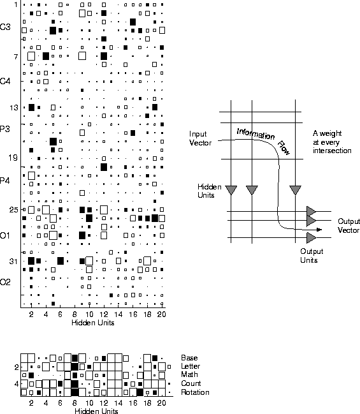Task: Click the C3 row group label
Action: point(5,27)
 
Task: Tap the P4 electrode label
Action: point(4,181)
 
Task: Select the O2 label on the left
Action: point(5,282)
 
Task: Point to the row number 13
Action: point(14,108)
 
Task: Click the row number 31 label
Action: point(13,262)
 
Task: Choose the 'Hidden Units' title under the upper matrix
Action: point(93,323)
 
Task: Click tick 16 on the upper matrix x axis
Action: point(133,314)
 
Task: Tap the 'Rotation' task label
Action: point(195,392)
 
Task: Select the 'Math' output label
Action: point(189,374)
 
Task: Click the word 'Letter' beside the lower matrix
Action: point(191,366)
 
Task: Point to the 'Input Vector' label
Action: point(200,138)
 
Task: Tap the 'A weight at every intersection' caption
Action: point(332,142)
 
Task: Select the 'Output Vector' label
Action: point(349,226)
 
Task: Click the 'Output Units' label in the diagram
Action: point(312,256)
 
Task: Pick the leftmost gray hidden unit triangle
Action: point(231,189)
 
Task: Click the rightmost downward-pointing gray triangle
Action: point(295,189)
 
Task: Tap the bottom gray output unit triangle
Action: point(310,238)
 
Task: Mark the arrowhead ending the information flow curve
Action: point(319,230)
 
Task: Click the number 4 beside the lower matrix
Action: point(17,383)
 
